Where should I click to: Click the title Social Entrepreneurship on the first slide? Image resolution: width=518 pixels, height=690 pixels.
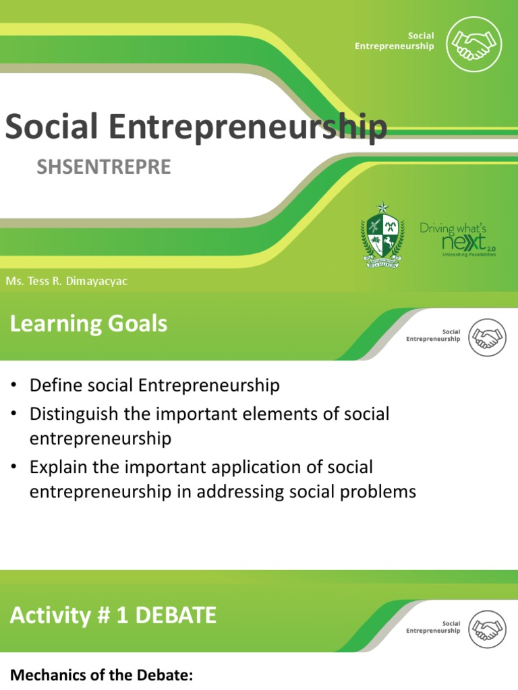coord(196,127)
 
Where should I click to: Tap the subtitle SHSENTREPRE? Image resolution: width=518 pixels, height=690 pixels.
coord(104,167)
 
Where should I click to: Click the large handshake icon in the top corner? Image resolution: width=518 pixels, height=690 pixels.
coord(475,44)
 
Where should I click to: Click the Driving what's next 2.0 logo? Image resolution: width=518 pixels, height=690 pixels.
coord(458,239)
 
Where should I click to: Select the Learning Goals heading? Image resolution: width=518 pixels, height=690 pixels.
coord(88,324)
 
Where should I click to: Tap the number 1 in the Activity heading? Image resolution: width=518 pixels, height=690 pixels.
coord(121,615)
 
